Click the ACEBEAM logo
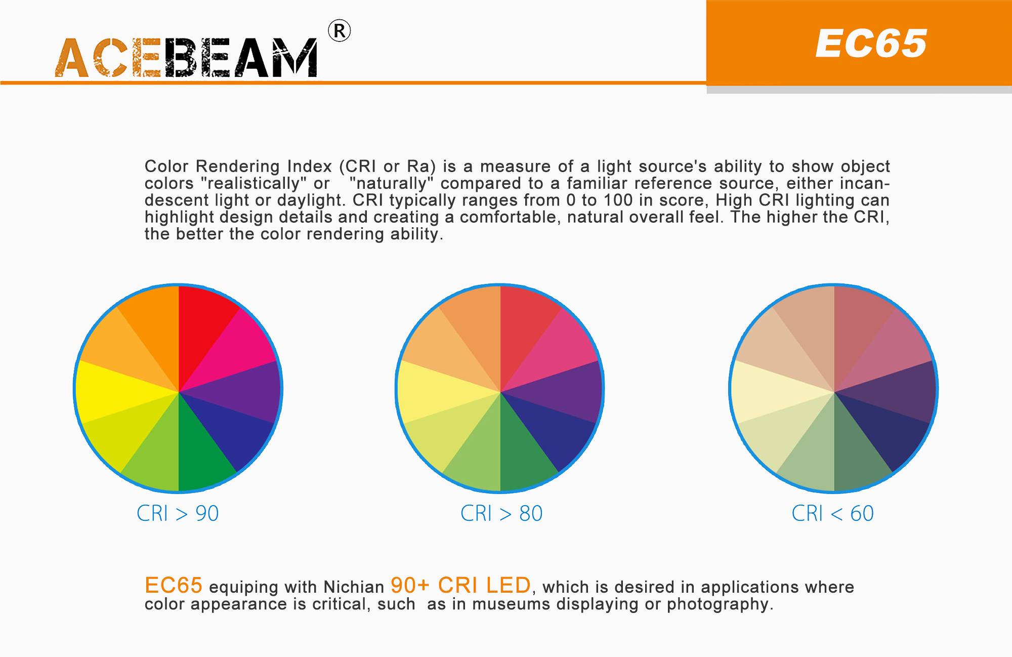pos(186,58)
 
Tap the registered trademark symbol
pos(339,31)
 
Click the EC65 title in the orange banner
pos(871,44)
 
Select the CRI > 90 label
pos(178,513)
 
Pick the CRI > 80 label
pos(501,513)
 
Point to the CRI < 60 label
pos(832,513)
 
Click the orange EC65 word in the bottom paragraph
pos(173,586)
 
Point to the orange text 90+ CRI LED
pos(460,586)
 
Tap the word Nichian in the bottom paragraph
pos(354,587)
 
